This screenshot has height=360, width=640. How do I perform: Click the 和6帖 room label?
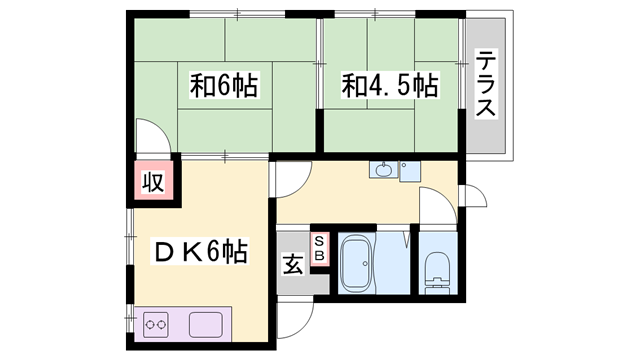[x=224, y=86]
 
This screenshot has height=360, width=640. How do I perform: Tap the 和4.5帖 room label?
[x=390, y=86]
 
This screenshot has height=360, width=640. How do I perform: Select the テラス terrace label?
[x=487, y=85]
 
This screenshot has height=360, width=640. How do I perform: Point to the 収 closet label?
[x=152, y=182]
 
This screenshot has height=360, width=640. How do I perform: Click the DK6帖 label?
[x=200, y=252]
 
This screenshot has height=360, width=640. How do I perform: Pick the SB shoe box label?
[x=319, y=248]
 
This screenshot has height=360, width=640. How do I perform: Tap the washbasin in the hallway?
[x=384, y=170]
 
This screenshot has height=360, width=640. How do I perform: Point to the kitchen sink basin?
[x=207, y=325]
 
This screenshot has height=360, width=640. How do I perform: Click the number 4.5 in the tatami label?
[x=390, y=86]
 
